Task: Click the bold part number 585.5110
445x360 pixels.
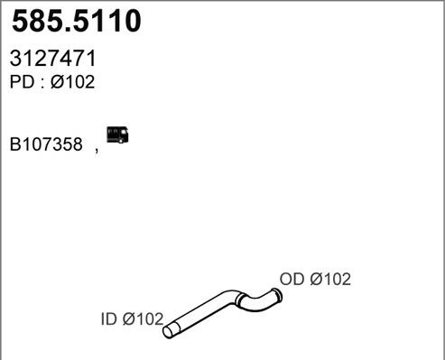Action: pos(77,23)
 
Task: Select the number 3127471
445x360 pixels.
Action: pos(53,60)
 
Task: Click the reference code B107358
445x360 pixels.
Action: pos(46,144)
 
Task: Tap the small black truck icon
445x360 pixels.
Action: pos(117,134)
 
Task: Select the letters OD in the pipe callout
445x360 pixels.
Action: pos(292,280)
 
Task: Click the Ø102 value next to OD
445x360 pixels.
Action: pos(329,280)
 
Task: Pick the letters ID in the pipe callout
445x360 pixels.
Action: pos(108,318)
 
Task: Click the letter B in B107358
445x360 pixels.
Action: pos(15,144)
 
